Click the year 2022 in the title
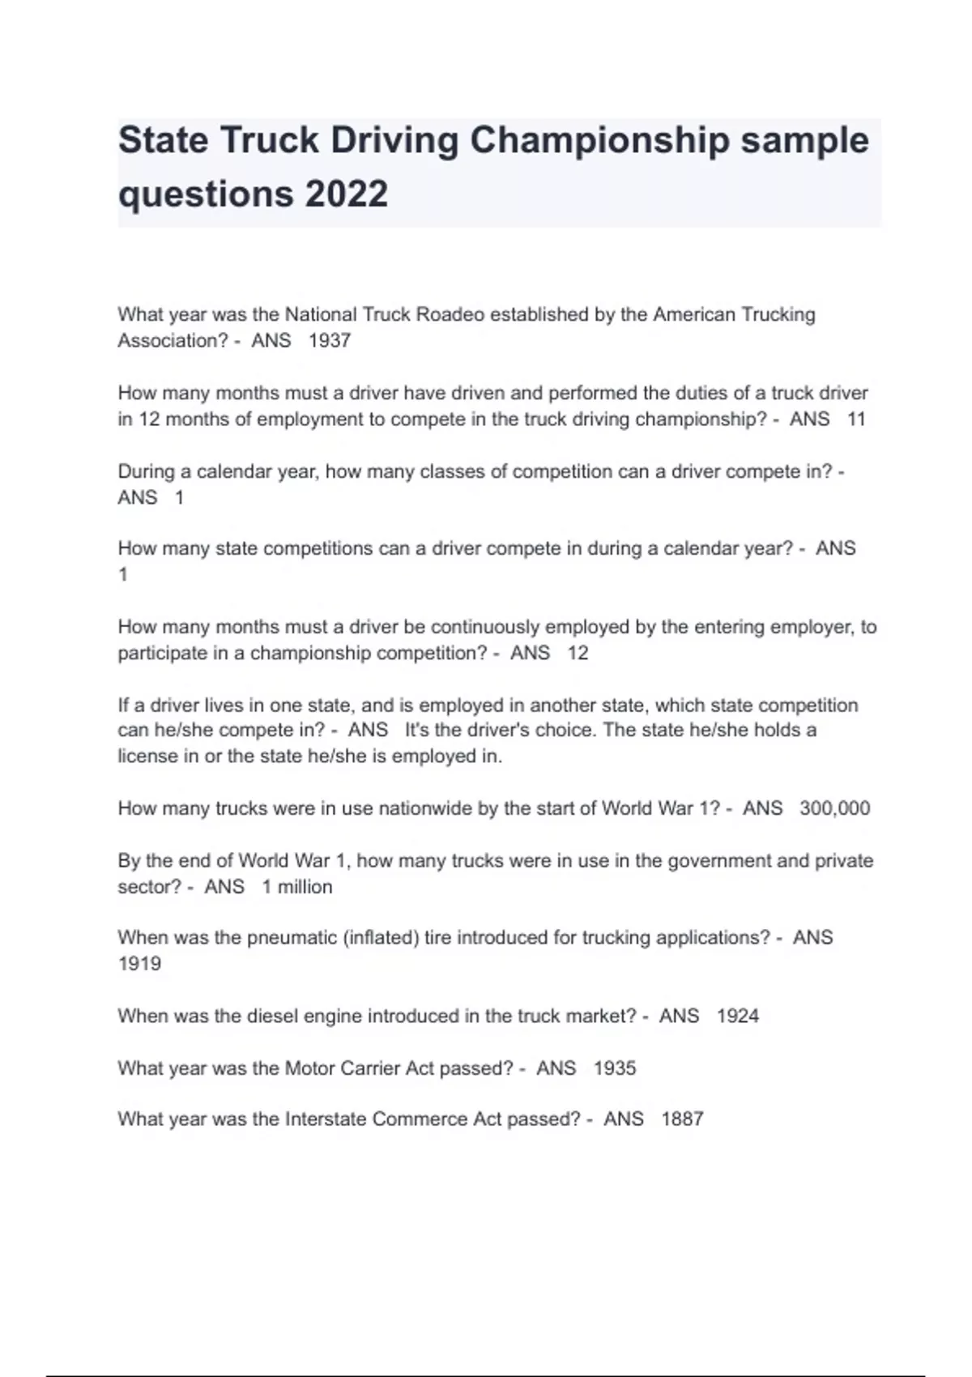347,194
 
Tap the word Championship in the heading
600,140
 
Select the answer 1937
330,341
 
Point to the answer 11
856,420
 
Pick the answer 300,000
834,808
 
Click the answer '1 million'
296,887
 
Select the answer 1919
139,964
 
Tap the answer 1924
738,1017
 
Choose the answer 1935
615,1068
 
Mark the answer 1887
682,1119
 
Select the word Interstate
326,1119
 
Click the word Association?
173,341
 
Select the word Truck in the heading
269,140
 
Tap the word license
147,757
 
